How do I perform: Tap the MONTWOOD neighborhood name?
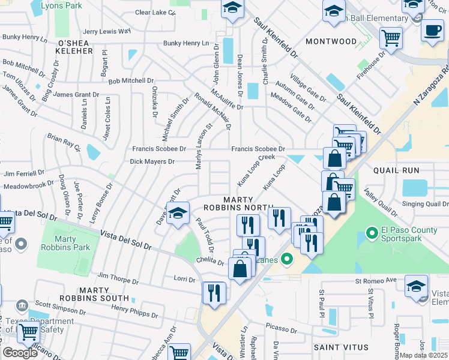[331, 41]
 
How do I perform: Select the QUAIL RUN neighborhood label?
[396, 170]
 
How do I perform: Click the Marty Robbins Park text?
[71, 243]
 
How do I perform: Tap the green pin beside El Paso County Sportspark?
[371, 232]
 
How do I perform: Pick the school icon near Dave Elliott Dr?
[178, 214]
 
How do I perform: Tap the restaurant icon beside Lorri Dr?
[214, 293]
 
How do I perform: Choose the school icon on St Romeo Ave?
[416, 286]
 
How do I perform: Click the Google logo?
[20, 353]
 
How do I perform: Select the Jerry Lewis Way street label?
[107, 31]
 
